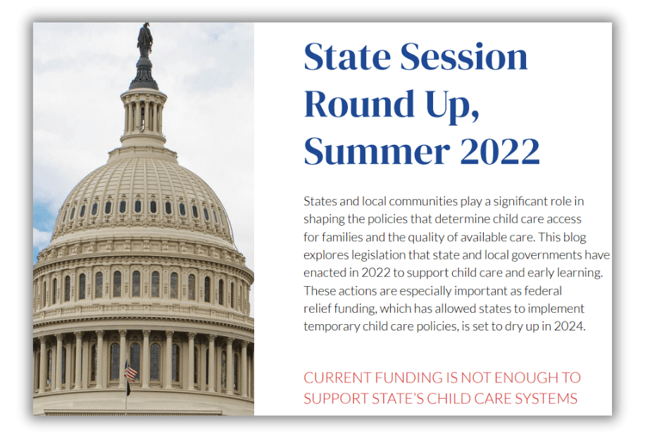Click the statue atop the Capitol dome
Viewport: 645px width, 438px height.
pos(145,40)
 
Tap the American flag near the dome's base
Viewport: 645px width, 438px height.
pos(130,372)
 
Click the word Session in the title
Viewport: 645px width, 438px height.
pos(463,57)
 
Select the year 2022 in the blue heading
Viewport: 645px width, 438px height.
pos(500,151)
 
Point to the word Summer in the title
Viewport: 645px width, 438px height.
pos(377,151)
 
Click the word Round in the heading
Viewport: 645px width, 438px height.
pos(359,103)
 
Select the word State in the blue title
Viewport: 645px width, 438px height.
pos(347,57)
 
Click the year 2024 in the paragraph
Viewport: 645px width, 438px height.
pos(570,326)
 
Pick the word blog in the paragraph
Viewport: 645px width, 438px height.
pos(574,238)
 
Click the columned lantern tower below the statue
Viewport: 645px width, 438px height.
pos(144,117)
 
